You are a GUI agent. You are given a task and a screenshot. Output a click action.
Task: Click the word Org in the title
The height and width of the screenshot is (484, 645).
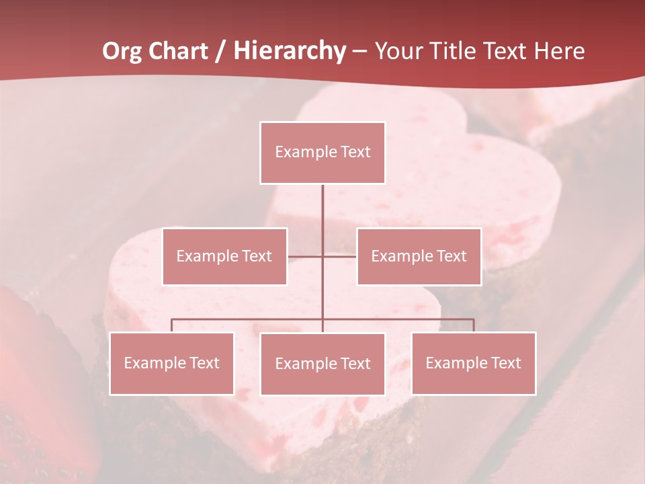[123, 52]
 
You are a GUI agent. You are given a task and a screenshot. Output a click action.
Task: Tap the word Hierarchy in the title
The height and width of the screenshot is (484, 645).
[289, 52]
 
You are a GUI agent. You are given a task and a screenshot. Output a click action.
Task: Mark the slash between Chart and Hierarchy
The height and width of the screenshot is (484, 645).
[220, 52]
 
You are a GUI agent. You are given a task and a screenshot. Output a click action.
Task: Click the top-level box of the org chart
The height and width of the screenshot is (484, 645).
[322, 153]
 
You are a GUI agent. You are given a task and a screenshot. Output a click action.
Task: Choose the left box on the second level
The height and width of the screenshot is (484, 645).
[224, 256]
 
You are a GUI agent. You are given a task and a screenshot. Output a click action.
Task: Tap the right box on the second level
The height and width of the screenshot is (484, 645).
[419, 256]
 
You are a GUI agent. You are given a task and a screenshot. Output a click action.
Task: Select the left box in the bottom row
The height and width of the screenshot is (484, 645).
[171, 364]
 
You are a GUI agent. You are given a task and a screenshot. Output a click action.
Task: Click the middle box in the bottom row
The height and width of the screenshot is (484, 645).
[322, 364]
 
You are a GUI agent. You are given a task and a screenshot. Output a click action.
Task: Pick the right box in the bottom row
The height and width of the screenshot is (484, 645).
[473, 364]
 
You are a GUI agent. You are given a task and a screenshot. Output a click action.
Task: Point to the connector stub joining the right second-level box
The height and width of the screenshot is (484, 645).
[340, 256]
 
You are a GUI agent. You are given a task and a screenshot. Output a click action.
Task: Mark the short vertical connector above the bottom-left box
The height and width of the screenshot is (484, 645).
[171, 325]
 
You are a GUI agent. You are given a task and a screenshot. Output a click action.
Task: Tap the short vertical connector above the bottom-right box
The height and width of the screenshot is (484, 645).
[474, 325]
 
